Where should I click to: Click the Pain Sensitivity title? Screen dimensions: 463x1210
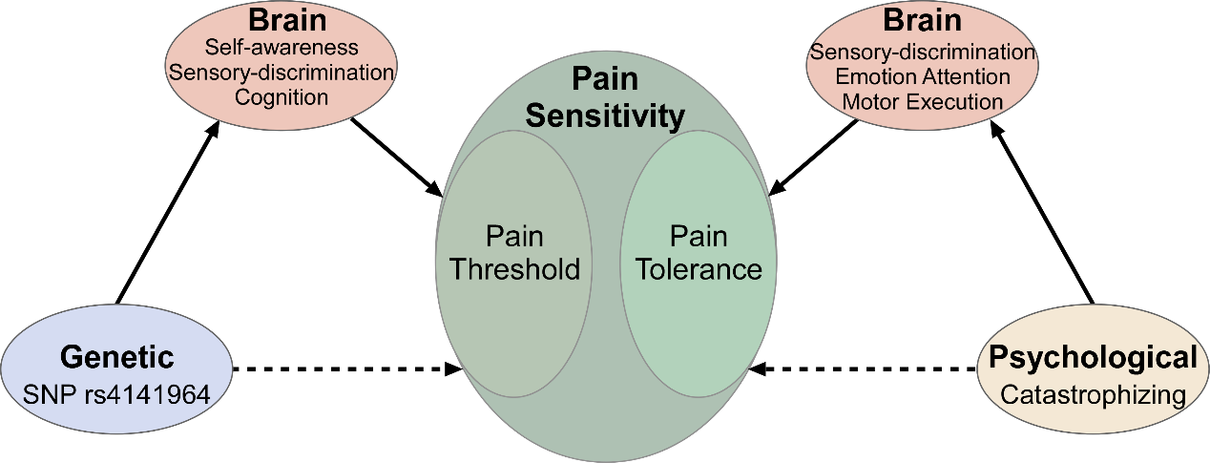tap(606, 100)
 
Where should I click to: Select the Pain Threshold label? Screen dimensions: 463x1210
tap(514, 253)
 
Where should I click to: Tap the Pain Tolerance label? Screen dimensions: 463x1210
tap(699, 253)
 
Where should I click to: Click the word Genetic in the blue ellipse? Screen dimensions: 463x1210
tap(116, 357)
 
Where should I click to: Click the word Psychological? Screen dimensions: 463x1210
tap(1093, 358)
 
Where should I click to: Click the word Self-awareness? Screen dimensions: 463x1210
tap(282, 47)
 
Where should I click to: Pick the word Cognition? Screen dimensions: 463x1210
tap(282, 96)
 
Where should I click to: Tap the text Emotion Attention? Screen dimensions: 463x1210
tap(922, 76)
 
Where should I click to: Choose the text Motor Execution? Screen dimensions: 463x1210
tap(922, 101)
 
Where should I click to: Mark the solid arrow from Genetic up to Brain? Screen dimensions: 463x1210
tap(164, 220)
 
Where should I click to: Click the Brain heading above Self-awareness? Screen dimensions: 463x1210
tap(281, 20)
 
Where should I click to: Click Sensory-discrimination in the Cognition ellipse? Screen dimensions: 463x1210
tap(282, 72)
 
